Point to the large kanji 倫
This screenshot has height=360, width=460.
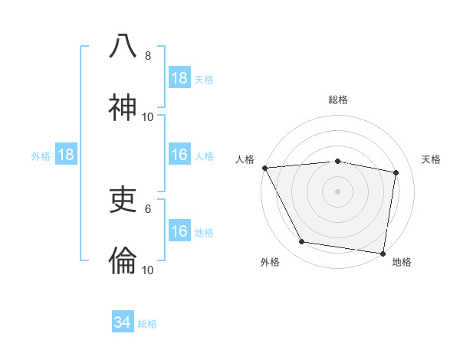coord(123,261)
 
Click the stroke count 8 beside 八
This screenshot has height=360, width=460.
coord(148,55)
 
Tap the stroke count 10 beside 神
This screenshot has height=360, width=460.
coord(148,116)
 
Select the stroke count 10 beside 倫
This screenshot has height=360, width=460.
coord(148,270)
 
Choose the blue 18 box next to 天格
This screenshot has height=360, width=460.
coord(179,78)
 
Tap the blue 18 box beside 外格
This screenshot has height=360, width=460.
coord(66,155)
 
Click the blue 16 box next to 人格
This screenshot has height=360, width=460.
coord(179,155)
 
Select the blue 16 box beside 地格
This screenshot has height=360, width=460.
coord(179,231)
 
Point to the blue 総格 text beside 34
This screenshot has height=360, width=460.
coord(147,324)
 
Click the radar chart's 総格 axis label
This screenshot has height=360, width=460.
coord(338,100)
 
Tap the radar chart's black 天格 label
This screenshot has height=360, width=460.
coord(432,159)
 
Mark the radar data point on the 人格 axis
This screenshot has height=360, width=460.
coord(264,168)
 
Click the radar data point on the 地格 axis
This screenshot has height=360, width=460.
coord(383,253)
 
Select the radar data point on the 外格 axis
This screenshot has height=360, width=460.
coord(302,242)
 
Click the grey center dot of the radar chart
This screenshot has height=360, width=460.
coord(338,191)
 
